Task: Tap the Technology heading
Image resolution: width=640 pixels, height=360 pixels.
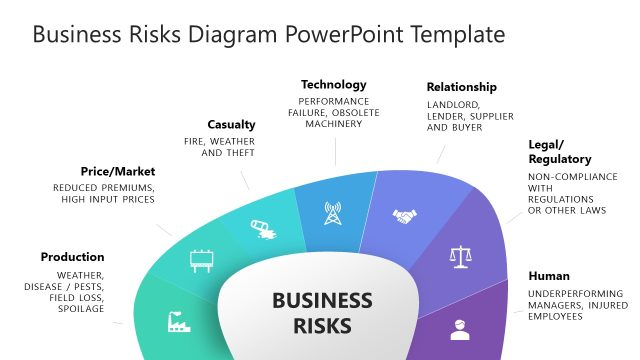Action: coord(334,85)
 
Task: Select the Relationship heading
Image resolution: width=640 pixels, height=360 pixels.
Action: coord(461,87)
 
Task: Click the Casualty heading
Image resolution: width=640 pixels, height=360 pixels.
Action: coord(232,125)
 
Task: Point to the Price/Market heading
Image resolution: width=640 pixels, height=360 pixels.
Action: coord(118,171)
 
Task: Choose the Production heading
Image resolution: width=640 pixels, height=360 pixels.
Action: coord(72,257)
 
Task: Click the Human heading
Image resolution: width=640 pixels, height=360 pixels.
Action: coord(549,276)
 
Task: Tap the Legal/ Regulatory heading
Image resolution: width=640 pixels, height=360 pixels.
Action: coord(559,151)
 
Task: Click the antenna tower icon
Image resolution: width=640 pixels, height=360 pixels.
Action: coord(332,213)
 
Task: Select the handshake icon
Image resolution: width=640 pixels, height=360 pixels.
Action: coord(404,216)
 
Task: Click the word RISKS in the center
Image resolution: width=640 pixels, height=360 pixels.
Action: coord(322,325)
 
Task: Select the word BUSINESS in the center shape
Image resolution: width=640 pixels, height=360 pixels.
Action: coord(322,301)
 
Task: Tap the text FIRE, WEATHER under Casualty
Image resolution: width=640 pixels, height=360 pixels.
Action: coord(219,141)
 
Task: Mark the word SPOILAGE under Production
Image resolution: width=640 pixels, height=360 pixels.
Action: coord(81,309)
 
